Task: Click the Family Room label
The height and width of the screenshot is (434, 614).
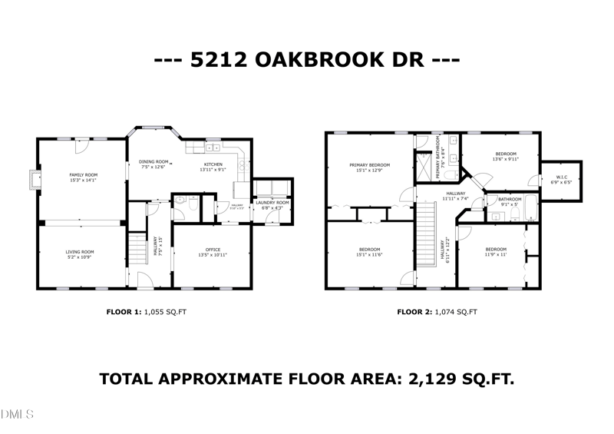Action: point(84,175)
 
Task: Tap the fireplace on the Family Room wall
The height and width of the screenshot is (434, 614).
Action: point(31,179)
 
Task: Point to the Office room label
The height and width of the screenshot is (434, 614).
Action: point(213,250)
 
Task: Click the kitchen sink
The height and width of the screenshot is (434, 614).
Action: point(213,146)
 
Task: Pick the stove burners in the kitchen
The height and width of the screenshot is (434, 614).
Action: point(242,162)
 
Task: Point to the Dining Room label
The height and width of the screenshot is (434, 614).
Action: point(153,162)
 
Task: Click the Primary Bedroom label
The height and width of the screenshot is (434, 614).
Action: point(369,165)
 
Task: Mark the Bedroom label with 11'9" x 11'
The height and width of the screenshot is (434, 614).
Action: point(496,250)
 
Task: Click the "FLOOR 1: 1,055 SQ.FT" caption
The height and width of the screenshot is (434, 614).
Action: point(146,312)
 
